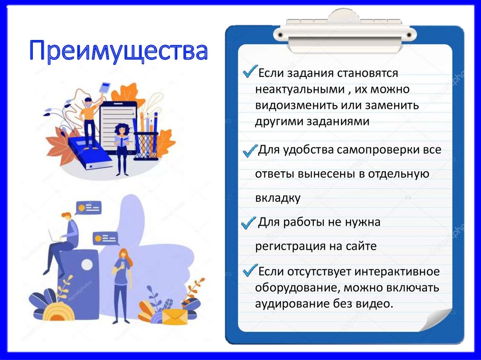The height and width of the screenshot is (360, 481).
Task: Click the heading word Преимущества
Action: [118, 52]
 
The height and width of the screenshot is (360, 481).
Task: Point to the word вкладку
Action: [278, 198]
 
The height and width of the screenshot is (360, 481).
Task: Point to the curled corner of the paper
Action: [436, 321]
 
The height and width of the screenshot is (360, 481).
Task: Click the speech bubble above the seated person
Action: [88, 207]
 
